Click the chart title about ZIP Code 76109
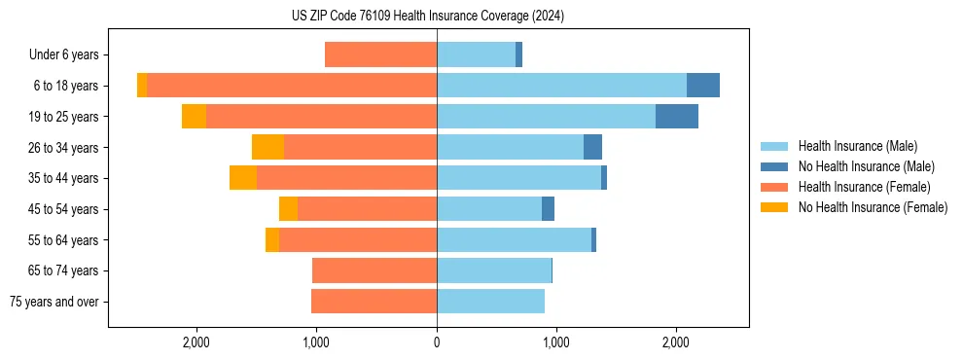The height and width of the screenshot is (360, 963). pyautogui.click(x=428, y=16)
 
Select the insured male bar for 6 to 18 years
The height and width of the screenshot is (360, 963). pyautogui.click(x=561, y=86)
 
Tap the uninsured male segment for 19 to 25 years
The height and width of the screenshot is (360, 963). pyautogui.click(x=676, y=117)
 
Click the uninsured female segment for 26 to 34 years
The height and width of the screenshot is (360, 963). pyautogui.click(x=267, y=147)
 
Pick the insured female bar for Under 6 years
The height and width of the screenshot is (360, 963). pyautogui.click(x=380, y=55)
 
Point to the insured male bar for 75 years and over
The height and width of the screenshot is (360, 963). pyautogui.click(x=490, y=302)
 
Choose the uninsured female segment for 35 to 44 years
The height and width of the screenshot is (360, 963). pyautogui.click(x=243, y=178)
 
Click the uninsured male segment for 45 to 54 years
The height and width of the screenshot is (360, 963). pyautogui.click(x=548, y=209)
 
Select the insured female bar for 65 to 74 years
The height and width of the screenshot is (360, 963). pyautogui.click(x=374, y=270)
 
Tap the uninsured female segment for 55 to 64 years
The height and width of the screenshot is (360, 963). pyautogui.click(x=272, y=240)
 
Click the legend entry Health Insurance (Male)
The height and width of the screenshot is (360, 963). pyautogui.click(x=857, y=146)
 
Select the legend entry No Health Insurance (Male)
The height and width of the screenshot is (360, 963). pyautogui.click(x=866, y=166)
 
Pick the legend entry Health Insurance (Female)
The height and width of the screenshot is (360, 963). pyautogui.click(x=864, y=187)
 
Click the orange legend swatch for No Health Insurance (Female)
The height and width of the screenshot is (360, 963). pyautogui.click(x=774, y=207)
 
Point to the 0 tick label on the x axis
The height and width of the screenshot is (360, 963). pyautogui.click(x=437, y=342)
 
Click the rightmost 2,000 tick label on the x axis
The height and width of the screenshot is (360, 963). pyautogui.click(x=676, y=342)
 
